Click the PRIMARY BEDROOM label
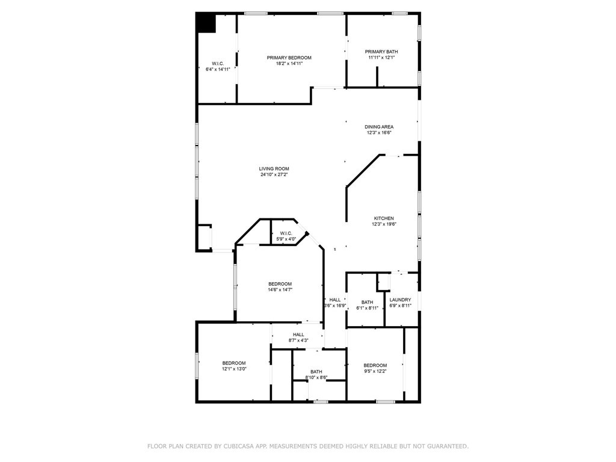(x=289, y=58)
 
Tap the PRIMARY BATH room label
(x=381, y=52)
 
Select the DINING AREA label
(x=379, y=127)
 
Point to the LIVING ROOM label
(x=274, y=169)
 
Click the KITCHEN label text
(x=384, y=218)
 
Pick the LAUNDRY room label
(x=400, y=300)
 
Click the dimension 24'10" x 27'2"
(x=274, y=175)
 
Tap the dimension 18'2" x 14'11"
(x=289, y=63)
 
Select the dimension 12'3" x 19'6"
(x=384, y=224)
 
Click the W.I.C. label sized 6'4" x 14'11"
(x=218, y=64)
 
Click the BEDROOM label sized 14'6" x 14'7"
(x=280, y=284)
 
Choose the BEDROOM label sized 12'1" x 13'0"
(x=234, y=363)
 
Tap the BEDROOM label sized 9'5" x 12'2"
(x=375, y=366)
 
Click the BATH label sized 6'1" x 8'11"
(x=367, y=302)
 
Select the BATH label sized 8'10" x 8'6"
(x=316, y=372)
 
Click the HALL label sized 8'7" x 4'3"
(x=298, y=334)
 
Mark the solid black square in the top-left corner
(x=206, y=23)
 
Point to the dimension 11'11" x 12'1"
(x=381, y=58)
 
